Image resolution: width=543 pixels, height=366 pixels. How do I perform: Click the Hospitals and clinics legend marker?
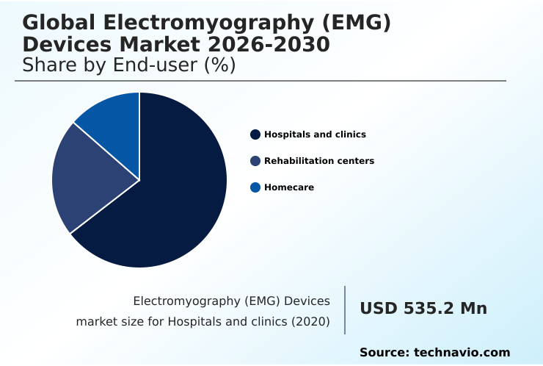[x=255, y=134]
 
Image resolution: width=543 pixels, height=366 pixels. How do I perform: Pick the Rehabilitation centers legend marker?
[x=255, y=161]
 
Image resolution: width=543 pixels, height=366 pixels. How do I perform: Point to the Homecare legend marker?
[x=255, y=187]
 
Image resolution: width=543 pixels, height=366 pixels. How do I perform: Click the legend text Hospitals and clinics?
[x=315, y=134]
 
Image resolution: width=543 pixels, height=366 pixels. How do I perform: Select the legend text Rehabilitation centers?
[x=319, y=161]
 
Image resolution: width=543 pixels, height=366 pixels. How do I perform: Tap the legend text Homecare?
[x=289, y=187]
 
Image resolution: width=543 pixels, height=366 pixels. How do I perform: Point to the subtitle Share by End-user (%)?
[x=128, y=65]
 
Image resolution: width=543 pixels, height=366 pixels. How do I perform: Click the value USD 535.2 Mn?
[x=423, y=309]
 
